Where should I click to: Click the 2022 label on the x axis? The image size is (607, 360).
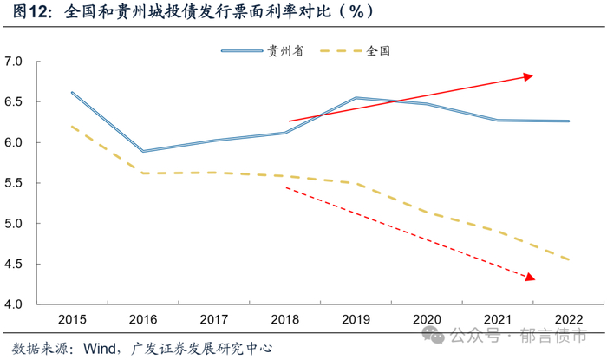click(x=569, y=320)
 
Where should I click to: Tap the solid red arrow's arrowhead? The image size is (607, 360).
click(x=528, y=77)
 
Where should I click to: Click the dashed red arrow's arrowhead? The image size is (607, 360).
click(x=531, y=278)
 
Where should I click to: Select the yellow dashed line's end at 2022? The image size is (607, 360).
click(x=569, y=259)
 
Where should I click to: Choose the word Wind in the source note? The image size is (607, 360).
click(x=101, y=349)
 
